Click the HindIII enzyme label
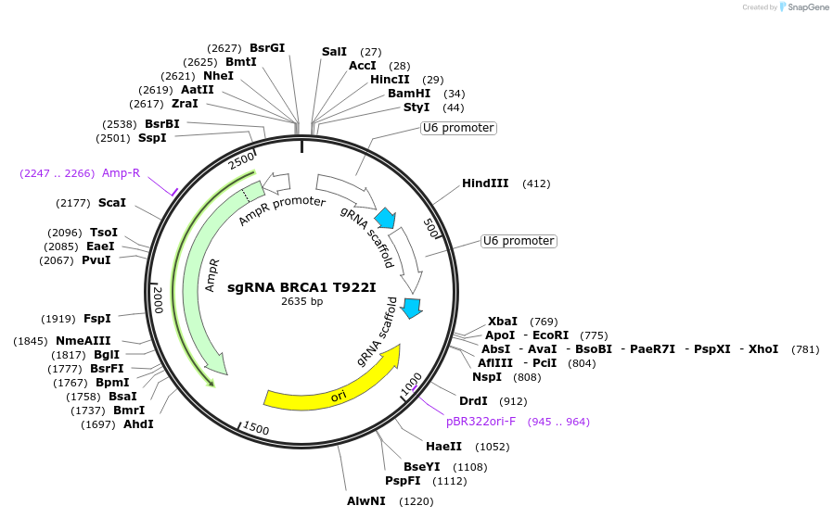tap(485, 183)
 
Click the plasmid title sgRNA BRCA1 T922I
tap(301, 287)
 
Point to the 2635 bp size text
tap(301, 301)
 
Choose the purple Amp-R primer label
tap(121, 173)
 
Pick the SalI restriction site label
tap(334, 52)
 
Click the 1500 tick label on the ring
tap(254, 429)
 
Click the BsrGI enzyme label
tap(267, 48)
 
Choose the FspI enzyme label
tap(97, 319)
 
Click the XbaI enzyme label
tap(503, 322)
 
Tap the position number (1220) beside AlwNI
tap(416, 502)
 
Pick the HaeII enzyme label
tap(443, 447)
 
